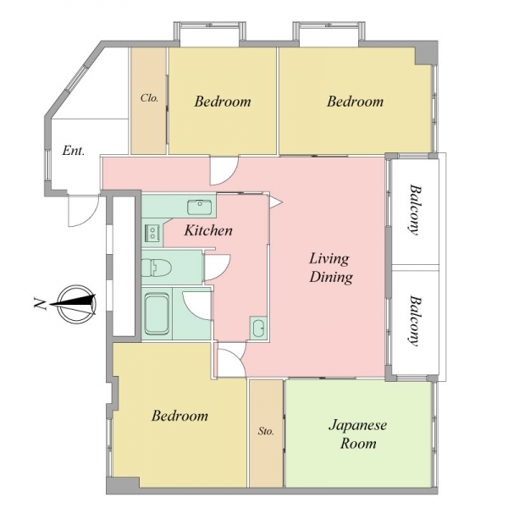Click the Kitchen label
coord(208,230)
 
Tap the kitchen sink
coord(199,207)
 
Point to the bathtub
coord(157,314)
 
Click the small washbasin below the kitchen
coord(258,329)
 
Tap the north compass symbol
coord(77,304)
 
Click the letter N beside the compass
coord(40,304)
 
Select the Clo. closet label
coord(149,98)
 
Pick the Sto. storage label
coord(266,431)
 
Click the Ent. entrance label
coord(73,151)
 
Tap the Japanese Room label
coord(357,433)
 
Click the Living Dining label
coord(331,268)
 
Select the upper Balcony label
coord(414,210)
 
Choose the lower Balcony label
coord(414,320)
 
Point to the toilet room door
coord(217,268)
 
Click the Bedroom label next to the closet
coord(223,102)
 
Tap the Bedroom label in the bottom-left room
coord(179,416)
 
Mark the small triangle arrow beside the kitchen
coord(276,202)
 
